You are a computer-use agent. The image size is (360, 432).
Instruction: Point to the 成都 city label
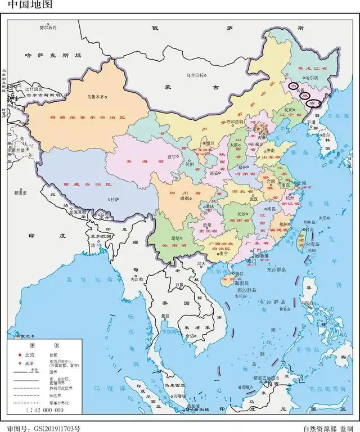pos(185,198)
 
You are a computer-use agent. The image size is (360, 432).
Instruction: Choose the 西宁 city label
pos(172,156)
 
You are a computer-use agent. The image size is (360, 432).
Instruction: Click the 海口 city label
pos(240,274)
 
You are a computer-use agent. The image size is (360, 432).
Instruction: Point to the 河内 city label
pos(201,263)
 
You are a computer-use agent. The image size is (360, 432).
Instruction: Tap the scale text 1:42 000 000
pos(43,412)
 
